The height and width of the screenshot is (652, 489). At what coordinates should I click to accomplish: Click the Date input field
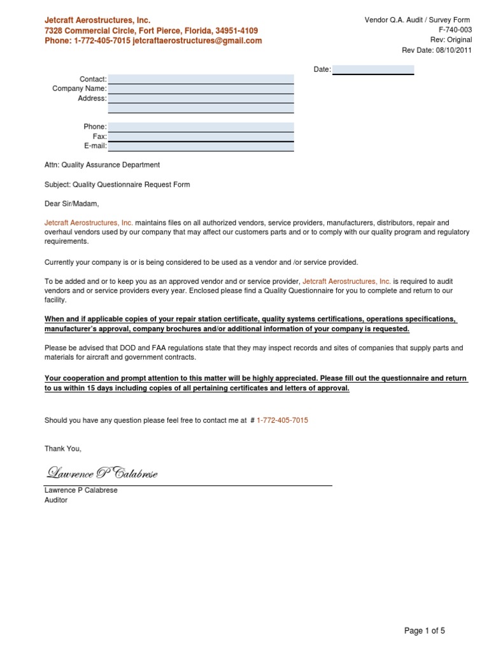[x=373, y=69]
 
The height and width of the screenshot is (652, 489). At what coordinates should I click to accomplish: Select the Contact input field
[x=201, y=79]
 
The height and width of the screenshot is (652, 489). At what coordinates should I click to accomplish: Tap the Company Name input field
[x=201, y=89]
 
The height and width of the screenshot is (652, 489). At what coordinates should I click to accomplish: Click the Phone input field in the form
[x=201, y=127]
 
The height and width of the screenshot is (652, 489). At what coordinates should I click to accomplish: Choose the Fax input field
[x=201, y=136]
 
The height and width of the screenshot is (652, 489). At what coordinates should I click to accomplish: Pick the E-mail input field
[x=201, y=146]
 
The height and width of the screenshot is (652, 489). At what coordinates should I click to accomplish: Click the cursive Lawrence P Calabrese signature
[x=101, y=473]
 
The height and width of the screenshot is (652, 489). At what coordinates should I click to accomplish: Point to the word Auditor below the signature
[x=55, y=500]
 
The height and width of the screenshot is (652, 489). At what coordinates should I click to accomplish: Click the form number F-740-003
[x=455, y=30]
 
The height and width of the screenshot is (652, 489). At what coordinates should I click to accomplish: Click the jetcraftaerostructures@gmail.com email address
[x=197, y=41]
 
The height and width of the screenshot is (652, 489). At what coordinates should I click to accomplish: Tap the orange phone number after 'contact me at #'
[x=282, y=421]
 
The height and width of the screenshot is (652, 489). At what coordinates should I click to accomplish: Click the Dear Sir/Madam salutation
[x=72, y=204]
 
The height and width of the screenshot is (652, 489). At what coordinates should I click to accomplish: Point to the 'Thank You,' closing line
[x=63, y=449]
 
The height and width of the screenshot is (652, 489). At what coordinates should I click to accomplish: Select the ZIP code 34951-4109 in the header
[x=237, y=31]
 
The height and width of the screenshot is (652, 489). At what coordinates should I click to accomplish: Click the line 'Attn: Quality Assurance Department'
[x=102, y=165]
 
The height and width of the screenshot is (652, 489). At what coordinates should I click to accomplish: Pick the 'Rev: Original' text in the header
[x=451, y=40]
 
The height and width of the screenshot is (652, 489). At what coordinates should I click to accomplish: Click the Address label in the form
[x=92, y=99]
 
